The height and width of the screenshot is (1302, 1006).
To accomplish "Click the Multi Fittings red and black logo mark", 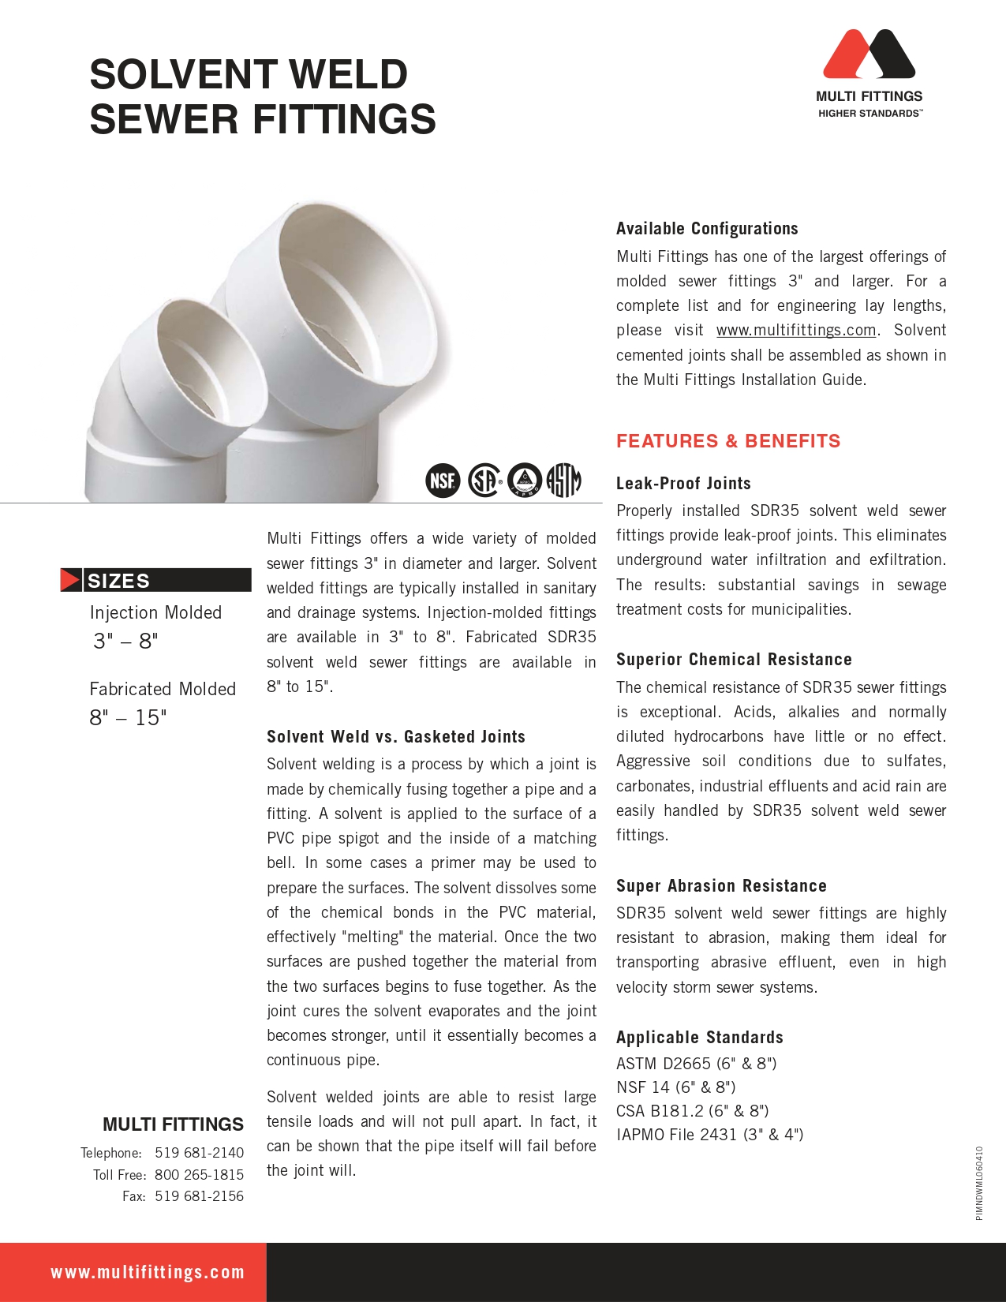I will click(869, 54).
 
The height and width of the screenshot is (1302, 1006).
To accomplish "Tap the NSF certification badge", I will click(443, 480).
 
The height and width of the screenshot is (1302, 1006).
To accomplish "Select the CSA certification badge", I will click(484, 480).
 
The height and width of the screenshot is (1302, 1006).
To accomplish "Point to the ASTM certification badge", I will click(564, 480).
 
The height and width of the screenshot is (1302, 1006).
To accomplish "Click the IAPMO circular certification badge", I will click(525, 480).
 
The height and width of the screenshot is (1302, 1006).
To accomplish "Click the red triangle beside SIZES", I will click(70, 580).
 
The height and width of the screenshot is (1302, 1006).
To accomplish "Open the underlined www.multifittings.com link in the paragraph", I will click(795, 330).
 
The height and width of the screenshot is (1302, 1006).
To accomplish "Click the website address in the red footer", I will click(148, 1272).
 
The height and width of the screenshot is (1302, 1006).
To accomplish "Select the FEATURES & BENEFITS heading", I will click(728, 441).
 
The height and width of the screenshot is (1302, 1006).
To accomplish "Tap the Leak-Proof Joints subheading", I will click(683, 483).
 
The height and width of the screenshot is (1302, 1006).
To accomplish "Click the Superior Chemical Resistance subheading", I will click(734, 660).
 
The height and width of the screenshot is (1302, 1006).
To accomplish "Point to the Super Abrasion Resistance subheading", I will click(721, 885).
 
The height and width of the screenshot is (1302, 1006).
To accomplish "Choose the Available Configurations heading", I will click(707, 229).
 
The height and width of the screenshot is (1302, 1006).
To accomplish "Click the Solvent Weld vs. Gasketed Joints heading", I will click(396, 736).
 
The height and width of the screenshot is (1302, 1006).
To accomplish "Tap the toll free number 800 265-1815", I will click(199, 1175).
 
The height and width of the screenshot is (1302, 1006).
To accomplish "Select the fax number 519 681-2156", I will click(199, 1196).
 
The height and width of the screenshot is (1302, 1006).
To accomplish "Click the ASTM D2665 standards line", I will click(696, 1064).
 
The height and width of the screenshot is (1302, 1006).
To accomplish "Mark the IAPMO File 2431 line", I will click(709, 1135).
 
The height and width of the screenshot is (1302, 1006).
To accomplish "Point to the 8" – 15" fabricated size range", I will click(128, 718).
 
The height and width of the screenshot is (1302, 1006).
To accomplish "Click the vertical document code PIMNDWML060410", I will click(979, 1183).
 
